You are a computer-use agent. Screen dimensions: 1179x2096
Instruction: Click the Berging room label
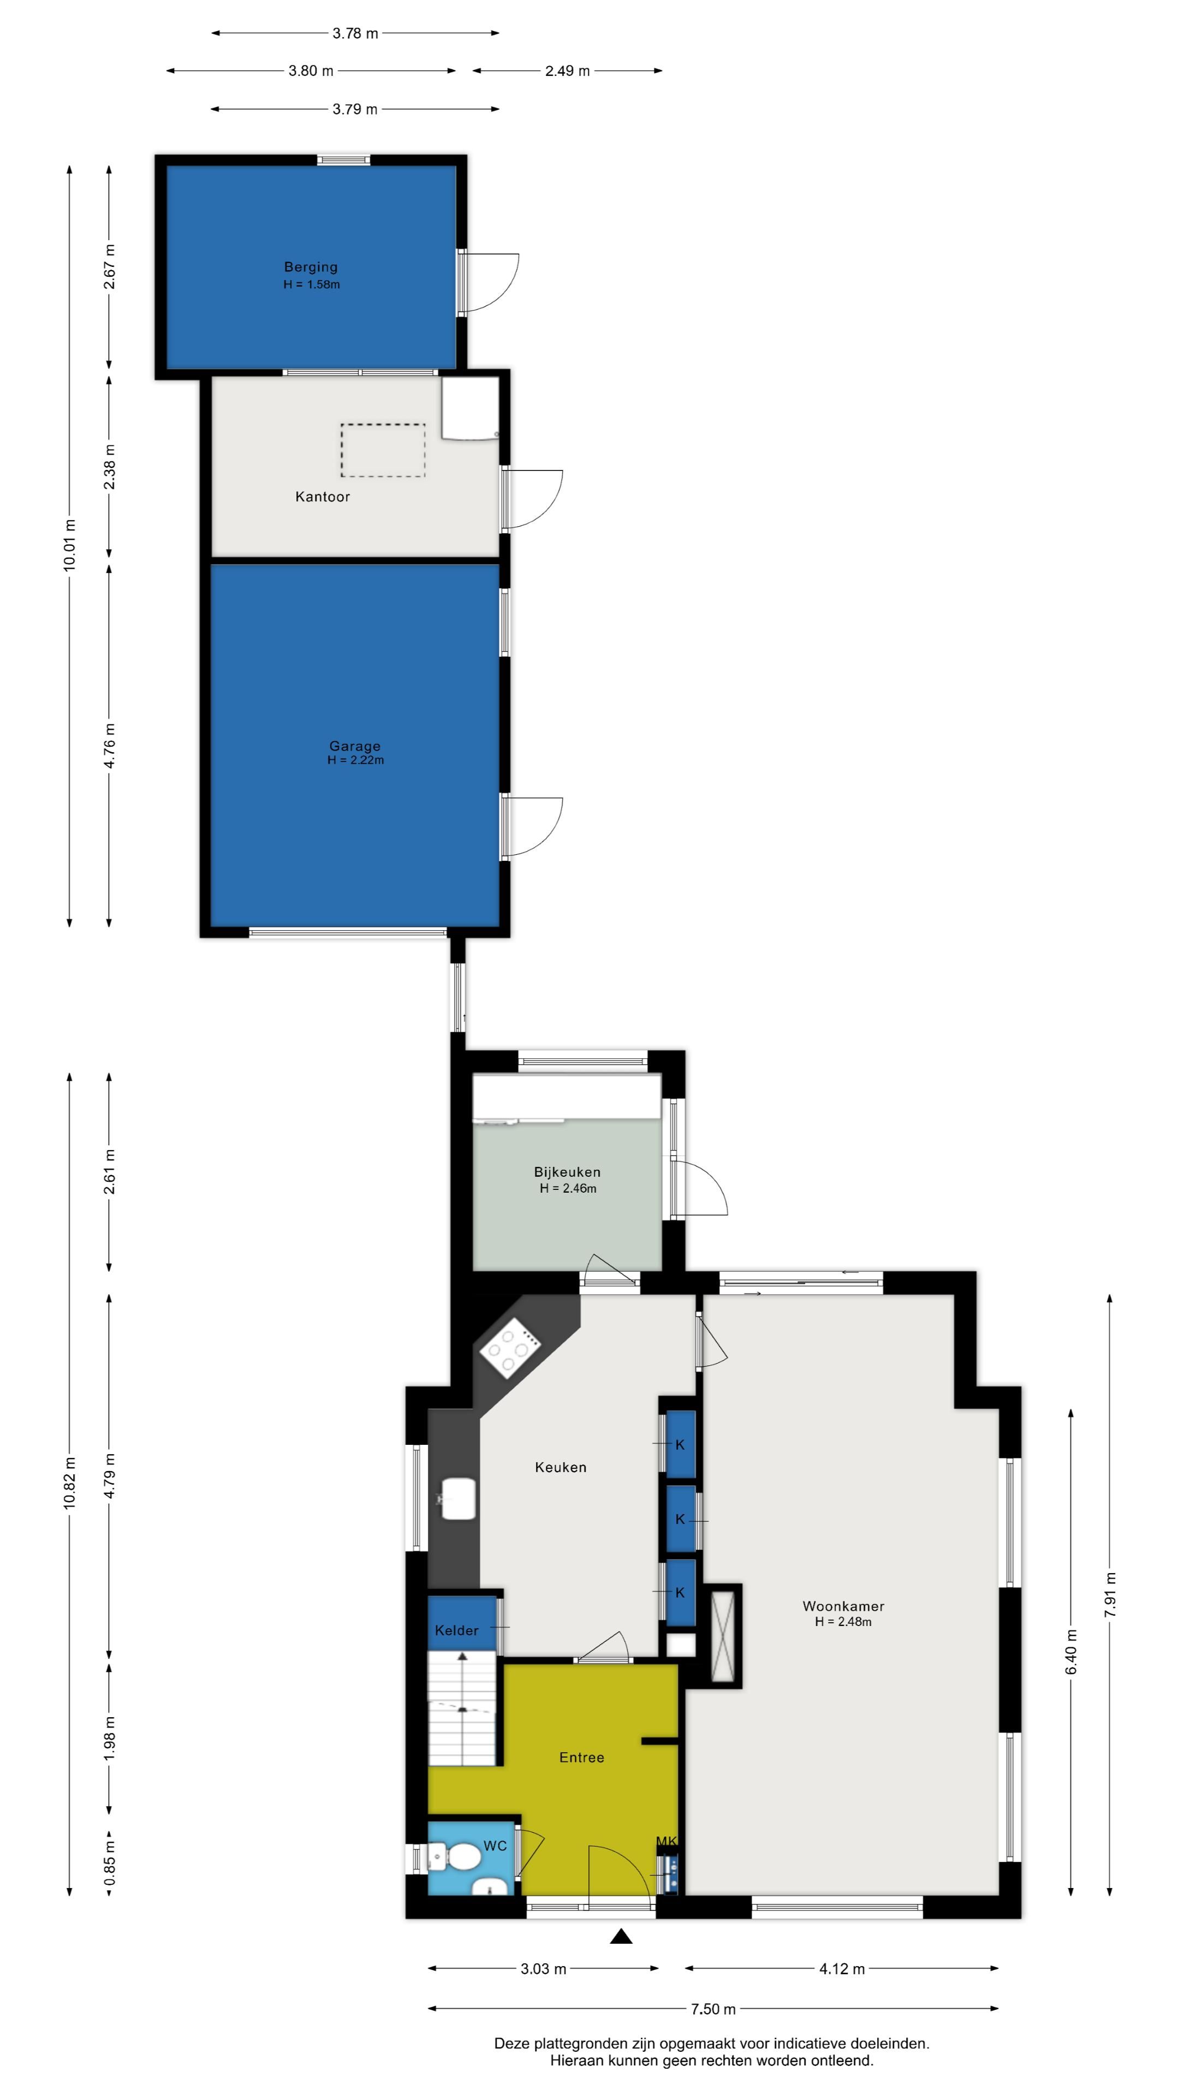311,267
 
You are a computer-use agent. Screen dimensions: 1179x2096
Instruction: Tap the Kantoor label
322,496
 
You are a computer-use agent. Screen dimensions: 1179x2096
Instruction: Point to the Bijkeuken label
567,1172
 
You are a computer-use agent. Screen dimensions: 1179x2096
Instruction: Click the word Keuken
561,1467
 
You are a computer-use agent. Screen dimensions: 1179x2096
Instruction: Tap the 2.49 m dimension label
567,71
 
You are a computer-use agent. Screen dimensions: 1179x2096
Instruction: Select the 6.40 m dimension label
1071,1652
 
